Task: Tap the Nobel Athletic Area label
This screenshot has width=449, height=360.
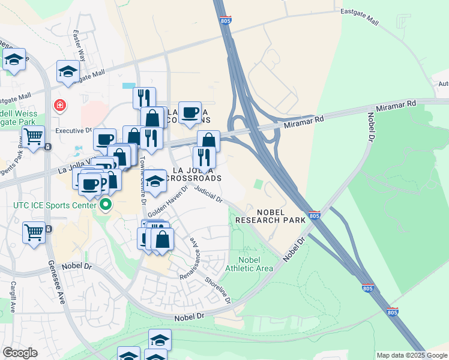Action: [249, 263]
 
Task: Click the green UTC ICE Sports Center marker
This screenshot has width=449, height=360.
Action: [106, 206]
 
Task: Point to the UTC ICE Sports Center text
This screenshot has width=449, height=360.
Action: [54, 206]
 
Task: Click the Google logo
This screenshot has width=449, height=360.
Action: [20, 353]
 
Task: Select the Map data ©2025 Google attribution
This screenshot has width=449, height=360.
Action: [412, 355]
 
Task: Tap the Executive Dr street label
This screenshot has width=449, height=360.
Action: [73, 130]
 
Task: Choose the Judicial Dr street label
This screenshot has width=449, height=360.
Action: [209, 195]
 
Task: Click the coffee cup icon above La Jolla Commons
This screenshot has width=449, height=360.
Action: [190, 113]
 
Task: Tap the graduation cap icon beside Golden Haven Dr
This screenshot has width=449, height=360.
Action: [155, 181]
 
